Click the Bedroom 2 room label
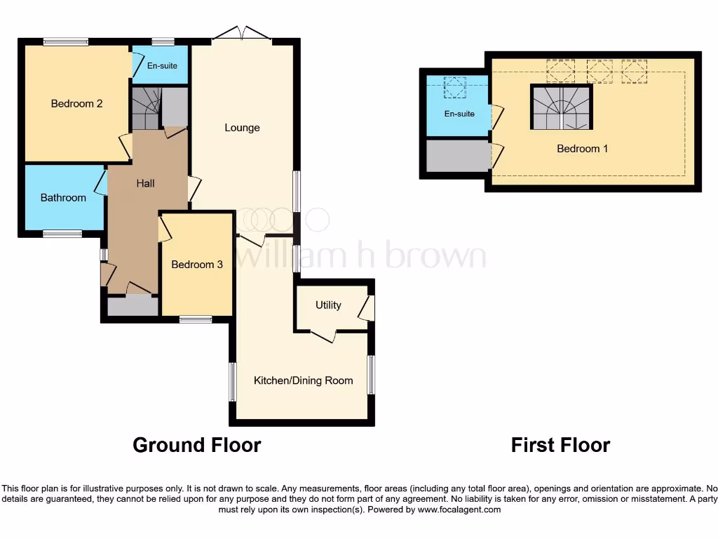tap(77, 104)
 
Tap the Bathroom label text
tap(63, 198)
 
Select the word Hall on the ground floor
tap(146, 183)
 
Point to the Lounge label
tap(242, 128)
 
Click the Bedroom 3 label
tap(197, 265)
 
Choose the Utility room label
tap(328, 305)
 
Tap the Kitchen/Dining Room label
tap(303, 380)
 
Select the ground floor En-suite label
tap(162, 66)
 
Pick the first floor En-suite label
tap(459, 114)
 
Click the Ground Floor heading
tap(196, 445)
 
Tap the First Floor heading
tap(560, 445)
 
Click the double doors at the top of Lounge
tap(242, 33)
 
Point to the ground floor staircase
tap(145, 109)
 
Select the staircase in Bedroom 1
tap(561, 108)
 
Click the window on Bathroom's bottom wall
tap(62, 234)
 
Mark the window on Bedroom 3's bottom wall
tap(196, 319)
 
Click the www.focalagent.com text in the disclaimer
tap(459, 510)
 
